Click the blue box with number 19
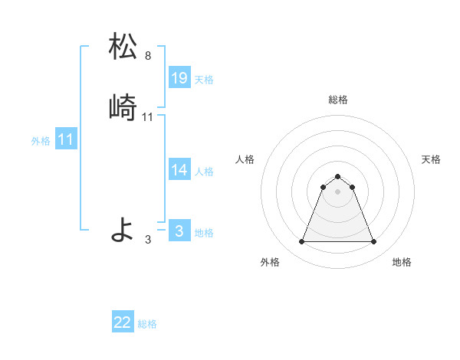(179, 78)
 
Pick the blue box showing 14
(179, 170)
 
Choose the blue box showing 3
(179, 231)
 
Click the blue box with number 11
(66, 140)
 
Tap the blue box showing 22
(123, 322)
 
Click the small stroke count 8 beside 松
(148, 56)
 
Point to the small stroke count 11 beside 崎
(148, 117)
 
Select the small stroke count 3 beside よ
(148, 240)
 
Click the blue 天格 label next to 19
(204, 80)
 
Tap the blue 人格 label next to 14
(204, 172)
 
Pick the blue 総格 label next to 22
(147, 324)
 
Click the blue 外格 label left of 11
(41, 141)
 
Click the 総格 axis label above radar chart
(338, 100)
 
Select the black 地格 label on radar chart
(402, 262)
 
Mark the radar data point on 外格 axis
(301, 242)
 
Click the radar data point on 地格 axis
(374, 242)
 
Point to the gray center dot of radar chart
(337, 191)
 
